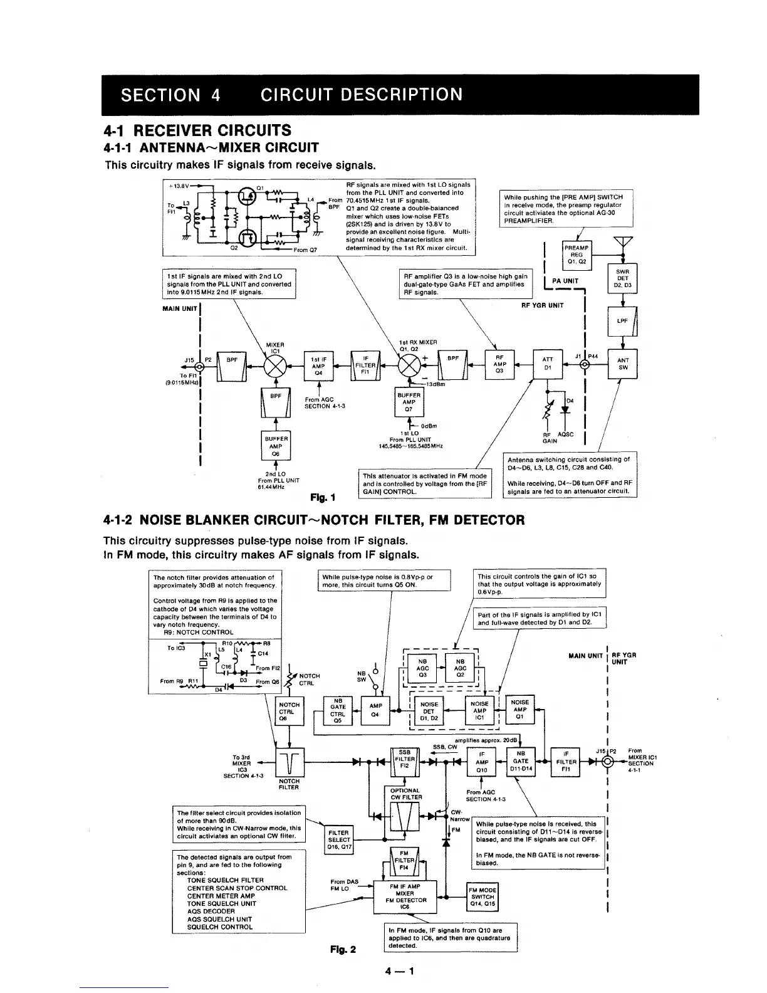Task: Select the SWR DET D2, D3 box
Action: [623, 278]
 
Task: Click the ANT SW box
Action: [623, 364]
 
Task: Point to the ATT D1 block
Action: [548, 364]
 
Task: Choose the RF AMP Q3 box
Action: [499, 364]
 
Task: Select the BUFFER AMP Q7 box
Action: [407, 402]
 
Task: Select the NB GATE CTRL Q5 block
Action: [338, 711]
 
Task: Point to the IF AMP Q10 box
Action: [482, 762]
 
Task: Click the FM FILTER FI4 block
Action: [404, 860]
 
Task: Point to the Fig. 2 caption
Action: [343, 949]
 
